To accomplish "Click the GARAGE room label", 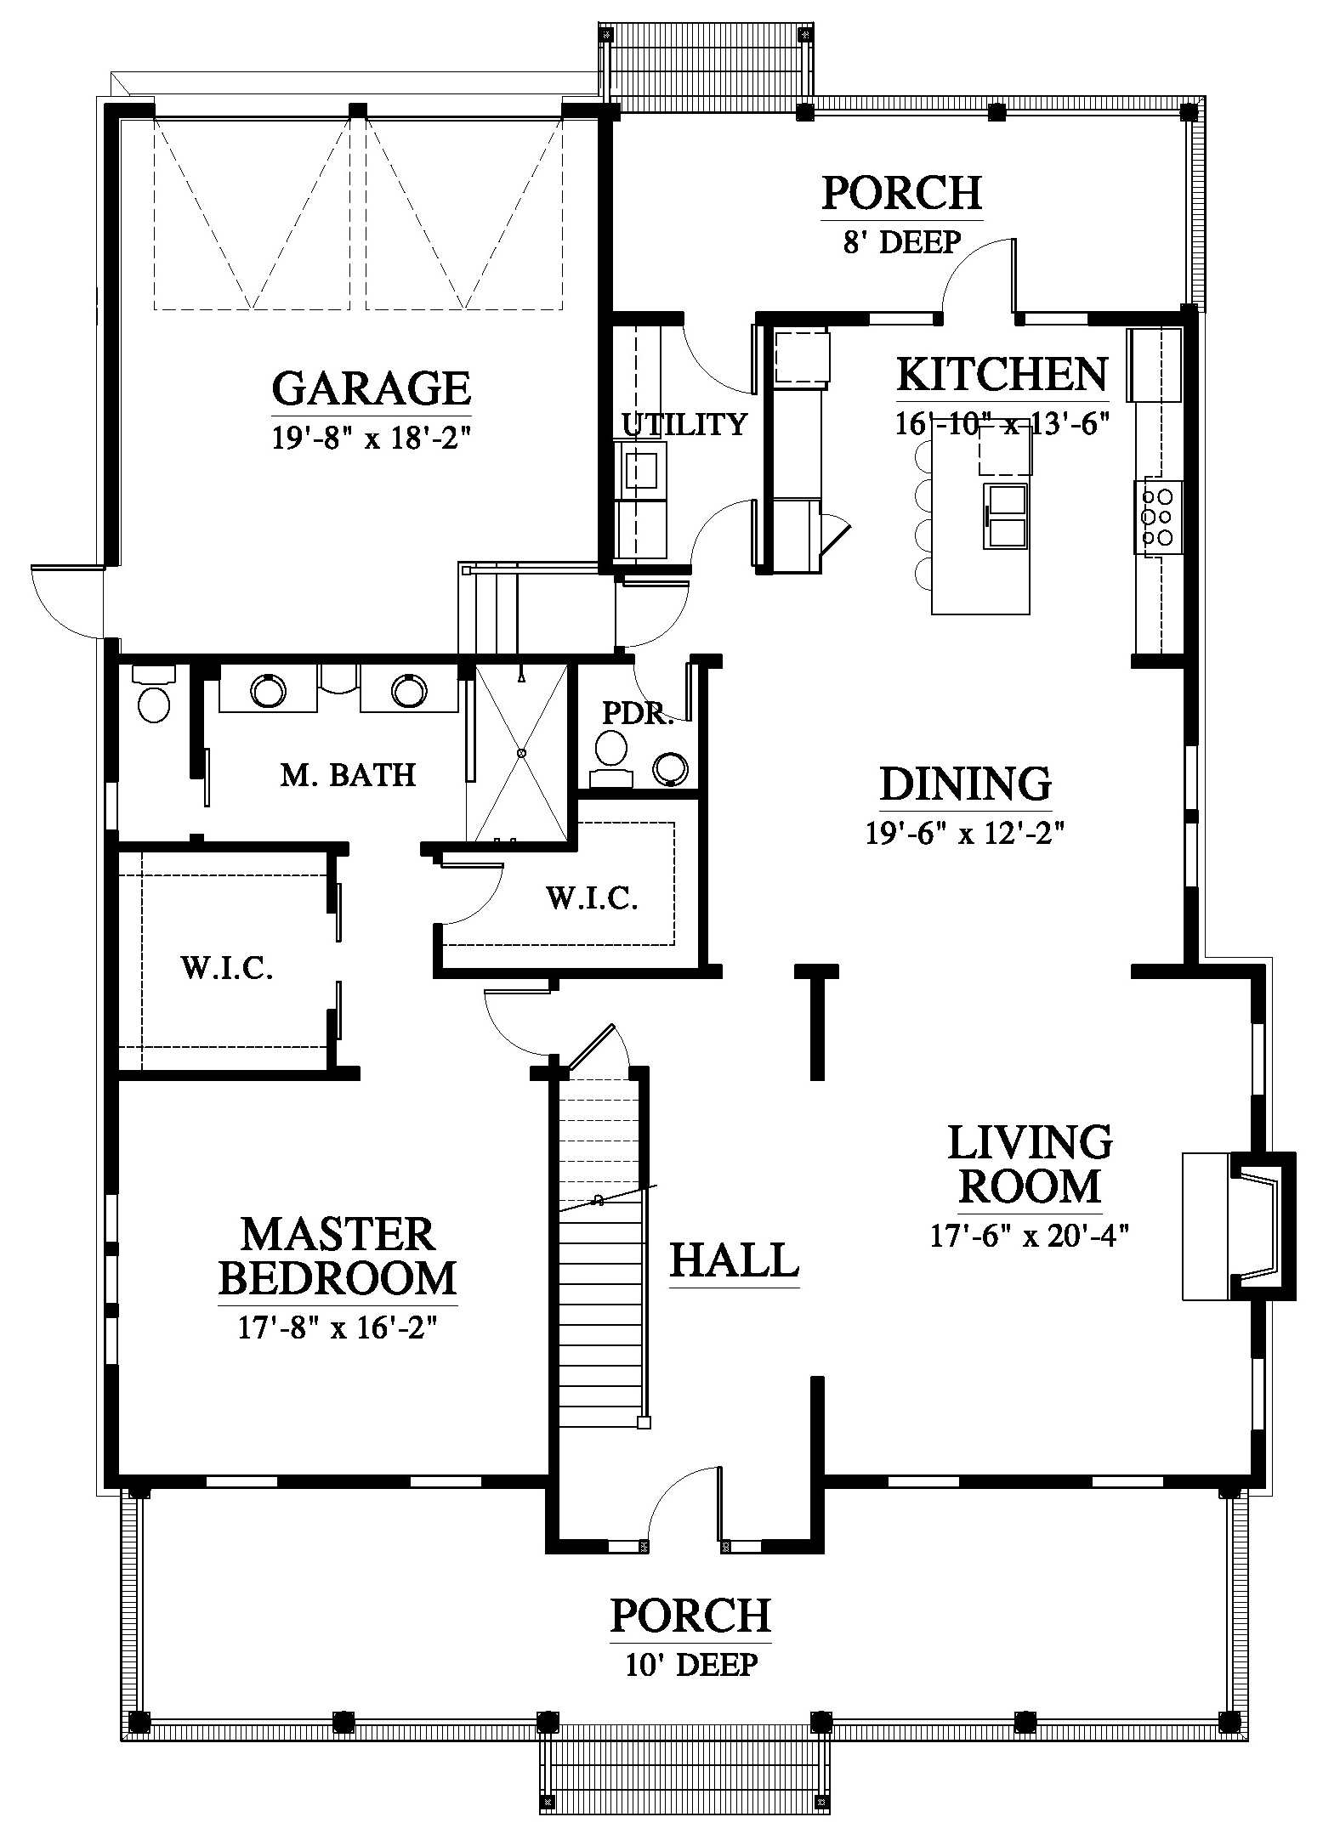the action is click(372, 388).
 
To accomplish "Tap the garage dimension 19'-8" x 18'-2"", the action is click(372, 438).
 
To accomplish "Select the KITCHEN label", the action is click(1002, 373).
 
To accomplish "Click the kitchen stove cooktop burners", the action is click(1157, 515).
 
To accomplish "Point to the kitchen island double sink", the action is click(1008, 516).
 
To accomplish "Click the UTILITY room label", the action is click(684, 423).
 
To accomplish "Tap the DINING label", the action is click(966, 784).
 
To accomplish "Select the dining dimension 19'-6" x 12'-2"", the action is click(966, 834).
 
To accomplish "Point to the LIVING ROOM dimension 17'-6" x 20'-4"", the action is click(1030, 1235).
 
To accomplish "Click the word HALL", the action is click(735, 1259).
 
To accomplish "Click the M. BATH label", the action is click(349, 774).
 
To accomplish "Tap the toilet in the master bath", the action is click(154, 694).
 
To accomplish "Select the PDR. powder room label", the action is click(638, 712).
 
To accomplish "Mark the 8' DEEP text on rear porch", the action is click(902, 242).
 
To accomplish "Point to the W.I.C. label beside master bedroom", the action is click(227, 967).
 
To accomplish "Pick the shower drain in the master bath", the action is click(522, 753).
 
